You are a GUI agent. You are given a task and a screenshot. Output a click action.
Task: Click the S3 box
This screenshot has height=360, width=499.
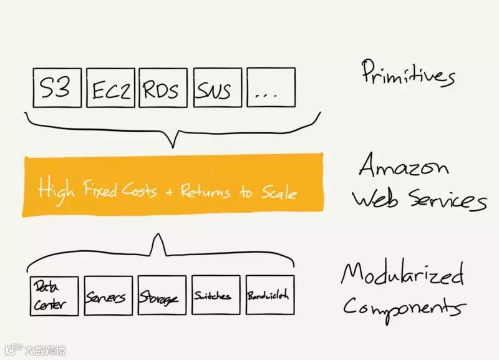58,88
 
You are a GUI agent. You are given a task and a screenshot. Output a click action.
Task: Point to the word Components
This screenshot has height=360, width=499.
404,307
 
